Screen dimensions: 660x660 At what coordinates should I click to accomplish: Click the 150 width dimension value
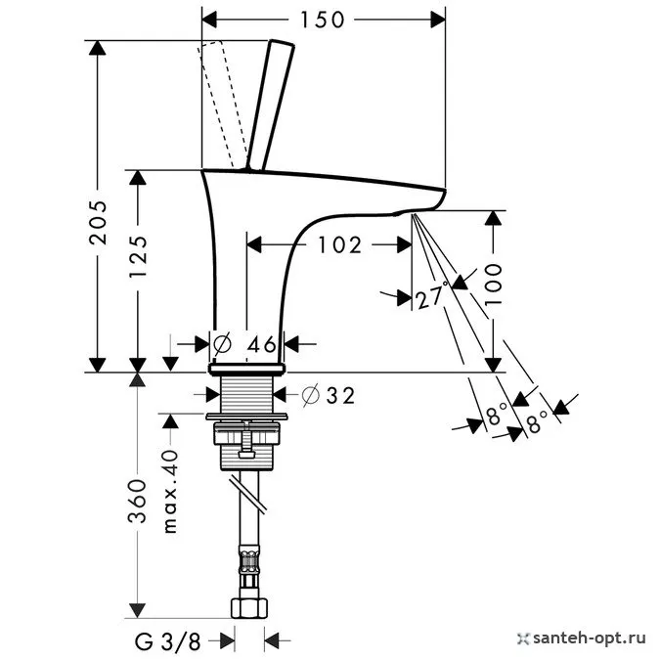(x=323, y=19)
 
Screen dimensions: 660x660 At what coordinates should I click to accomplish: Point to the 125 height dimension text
(x=140, y=269)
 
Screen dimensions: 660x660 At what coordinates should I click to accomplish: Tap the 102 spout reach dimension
(x=339, y=244)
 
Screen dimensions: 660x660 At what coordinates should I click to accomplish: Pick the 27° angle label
(x=431, y=297)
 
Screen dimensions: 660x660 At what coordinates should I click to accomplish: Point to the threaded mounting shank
(x=248, y=395)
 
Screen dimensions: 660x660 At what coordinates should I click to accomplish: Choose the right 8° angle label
(x=537, y=420)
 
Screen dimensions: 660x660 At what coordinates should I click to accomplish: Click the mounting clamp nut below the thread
(x=248, y=439)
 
